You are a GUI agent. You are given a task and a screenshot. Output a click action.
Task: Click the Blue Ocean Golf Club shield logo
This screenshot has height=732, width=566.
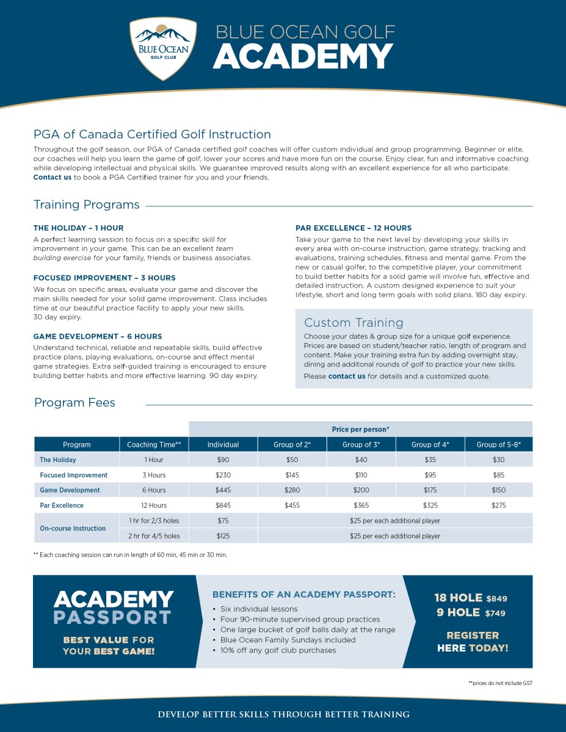[163, 48]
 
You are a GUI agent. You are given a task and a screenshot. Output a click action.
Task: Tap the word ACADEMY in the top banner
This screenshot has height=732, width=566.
[303, 57]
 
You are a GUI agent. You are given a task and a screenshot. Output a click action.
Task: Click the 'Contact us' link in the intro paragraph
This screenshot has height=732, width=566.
[53, 178]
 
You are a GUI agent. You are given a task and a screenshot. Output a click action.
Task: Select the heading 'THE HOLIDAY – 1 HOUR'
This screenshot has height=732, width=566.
[78, 228]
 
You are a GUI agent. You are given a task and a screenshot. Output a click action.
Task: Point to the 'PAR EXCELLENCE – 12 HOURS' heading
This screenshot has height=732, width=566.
[354, 228]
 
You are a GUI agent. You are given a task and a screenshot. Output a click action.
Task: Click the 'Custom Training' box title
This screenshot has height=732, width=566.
[354, 322]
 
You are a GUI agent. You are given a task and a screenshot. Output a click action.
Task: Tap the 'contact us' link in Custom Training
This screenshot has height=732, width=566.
[347, 377]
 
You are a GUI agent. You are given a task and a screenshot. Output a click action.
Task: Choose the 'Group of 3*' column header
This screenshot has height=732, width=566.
[361, 444]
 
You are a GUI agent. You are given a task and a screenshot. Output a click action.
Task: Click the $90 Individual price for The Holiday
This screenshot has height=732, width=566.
[223, 460]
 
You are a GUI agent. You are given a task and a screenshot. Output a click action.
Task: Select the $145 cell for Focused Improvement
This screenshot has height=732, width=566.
[292, 475]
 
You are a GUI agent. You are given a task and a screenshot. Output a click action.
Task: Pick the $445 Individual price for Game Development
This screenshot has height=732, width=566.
[223, 490]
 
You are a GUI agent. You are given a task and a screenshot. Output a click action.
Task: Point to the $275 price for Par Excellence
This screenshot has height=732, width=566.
[499, 506]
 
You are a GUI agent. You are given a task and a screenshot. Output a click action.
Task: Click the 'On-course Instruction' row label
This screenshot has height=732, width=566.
[73, 528]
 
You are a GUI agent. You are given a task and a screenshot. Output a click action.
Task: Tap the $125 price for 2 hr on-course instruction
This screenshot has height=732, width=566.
[223, 536]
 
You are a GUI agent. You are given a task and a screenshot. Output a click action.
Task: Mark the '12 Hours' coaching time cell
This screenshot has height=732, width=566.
[154, 506]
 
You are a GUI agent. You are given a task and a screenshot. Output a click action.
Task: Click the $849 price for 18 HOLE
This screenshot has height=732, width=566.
[496, 599]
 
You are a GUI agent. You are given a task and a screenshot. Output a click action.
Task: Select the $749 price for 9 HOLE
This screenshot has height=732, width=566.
[496, 614]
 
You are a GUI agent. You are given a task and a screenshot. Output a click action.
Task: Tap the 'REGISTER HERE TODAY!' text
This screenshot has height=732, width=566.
[473, 642]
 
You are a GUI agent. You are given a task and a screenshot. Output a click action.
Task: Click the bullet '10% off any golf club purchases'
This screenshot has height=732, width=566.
[278, 650]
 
